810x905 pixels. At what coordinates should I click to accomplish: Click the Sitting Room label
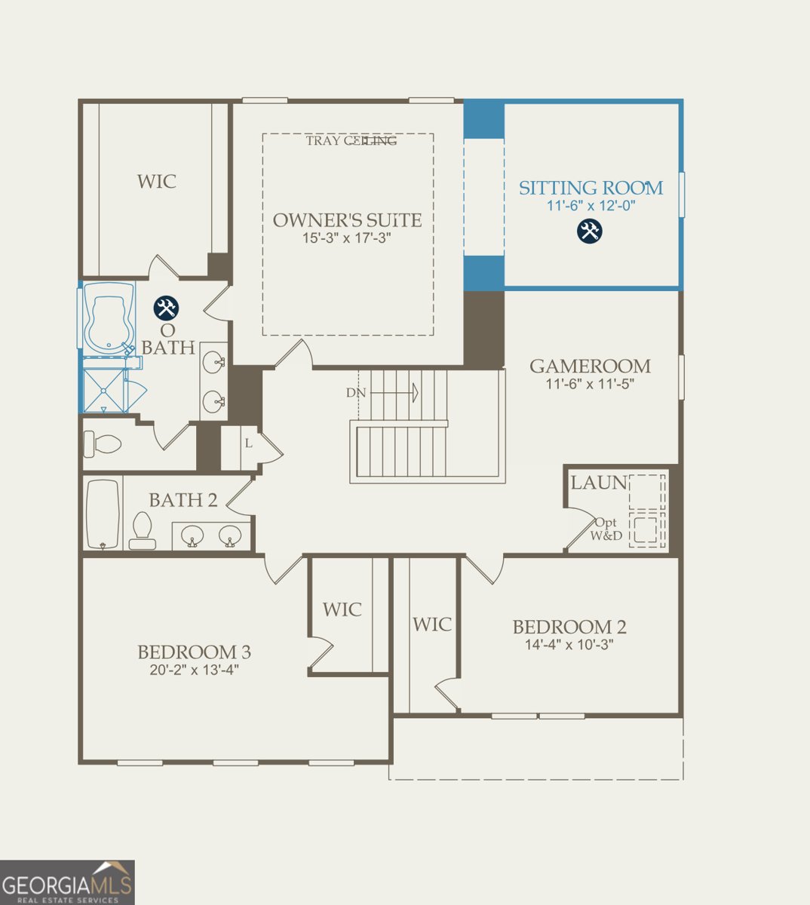[591, 188]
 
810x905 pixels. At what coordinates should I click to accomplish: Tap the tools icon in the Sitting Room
[590, 231]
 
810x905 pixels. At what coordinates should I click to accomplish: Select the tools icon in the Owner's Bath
[166, 308]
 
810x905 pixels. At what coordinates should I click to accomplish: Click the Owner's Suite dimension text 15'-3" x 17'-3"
[347, 238]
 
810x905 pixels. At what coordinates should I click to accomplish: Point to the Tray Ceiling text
[351, 140]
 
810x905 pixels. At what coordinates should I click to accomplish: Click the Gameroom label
[590, 367]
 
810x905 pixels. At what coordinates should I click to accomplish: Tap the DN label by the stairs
[356, 393]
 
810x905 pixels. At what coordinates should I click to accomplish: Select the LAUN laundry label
[598, 483]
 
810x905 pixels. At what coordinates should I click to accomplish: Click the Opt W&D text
[606, 529]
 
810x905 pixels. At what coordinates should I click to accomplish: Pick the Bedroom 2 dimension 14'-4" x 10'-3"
[569, 645]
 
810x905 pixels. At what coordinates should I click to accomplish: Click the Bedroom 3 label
[194, 652]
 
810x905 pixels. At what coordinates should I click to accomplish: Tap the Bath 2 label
[183, 500]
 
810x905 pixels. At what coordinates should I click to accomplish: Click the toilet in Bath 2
[143, 530]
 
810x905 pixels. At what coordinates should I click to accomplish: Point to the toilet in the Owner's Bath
[102, 443]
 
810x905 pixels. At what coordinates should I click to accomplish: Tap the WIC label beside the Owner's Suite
[157, 182]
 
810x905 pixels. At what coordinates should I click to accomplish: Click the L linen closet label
[247, 443]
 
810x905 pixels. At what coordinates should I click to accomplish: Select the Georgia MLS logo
[67, 882]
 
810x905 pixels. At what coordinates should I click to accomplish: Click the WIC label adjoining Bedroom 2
[432, 624]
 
